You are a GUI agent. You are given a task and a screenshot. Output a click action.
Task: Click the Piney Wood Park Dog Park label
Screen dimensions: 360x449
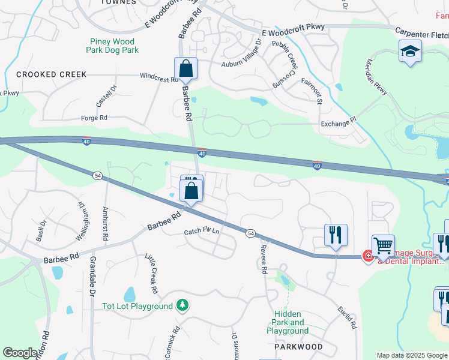[114, 46]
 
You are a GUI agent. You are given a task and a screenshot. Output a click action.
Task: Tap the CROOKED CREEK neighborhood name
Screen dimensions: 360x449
[52, 74]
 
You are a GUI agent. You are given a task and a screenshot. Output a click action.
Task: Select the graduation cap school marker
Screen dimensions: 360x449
[410, 52]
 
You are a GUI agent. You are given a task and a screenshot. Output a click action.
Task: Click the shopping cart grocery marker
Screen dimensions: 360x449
[383, 245]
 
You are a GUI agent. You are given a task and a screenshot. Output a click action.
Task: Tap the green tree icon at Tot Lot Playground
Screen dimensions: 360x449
[182, 306]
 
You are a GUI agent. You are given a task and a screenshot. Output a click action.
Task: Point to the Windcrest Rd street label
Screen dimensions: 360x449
[159, 78]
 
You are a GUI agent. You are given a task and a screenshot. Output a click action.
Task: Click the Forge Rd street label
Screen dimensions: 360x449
[94, 118]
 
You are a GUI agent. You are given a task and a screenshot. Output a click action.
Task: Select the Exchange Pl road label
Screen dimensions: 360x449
[339, 124]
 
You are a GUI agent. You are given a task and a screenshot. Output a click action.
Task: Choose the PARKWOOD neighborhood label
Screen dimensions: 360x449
[298, 347]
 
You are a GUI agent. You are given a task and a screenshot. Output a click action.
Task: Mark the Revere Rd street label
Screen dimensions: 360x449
[263, 259]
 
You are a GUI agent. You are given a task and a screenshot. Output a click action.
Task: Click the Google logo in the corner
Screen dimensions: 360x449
[20, 353]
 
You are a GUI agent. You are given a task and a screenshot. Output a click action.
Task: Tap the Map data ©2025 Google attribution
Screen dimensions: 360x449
[412, 355]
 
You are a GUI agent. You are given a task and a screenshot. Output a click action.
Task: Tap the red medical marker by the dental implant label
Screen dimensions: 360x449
[367, 256]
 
